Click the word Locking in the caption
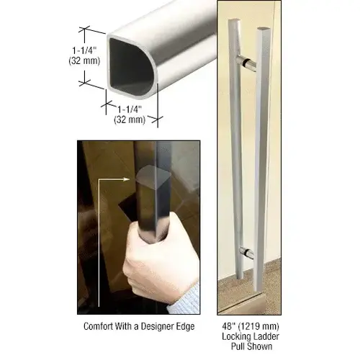click(235, 335)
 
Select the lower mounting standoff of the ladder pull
click(246, 253)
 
